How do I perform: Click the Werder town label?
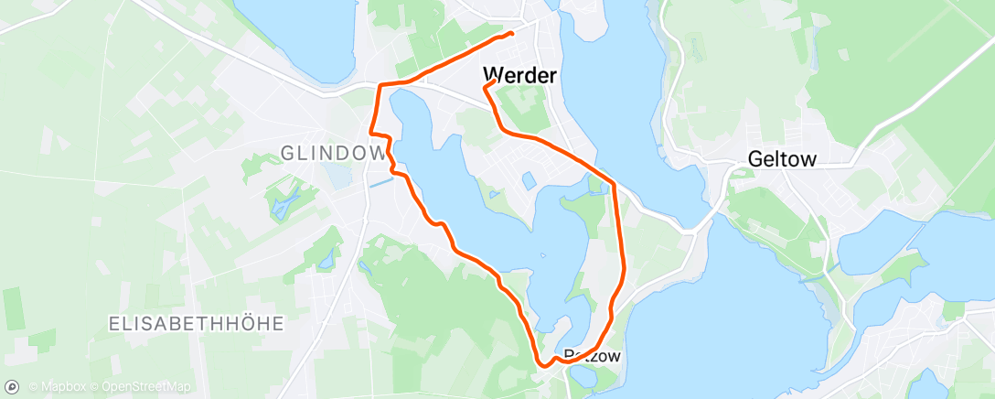[x=519, y=75]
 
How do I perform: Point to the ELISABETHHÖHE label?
[x=196, y=323]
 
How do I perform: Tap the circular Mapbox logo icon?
[x=12, y=387]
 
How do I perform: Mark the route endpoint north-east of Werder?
[x=510, y=34]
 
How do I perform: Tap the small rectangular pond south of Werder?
[x=529, y=179]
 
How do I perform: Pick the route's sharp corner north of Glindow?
[x=380, y=86]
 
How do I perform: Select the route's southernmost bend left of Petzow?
[x=545, y=364]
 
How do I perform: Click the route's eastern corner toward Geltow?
[x=614, y=183]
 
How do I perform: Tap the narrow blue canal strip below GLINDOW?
[x=381, y=181]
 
